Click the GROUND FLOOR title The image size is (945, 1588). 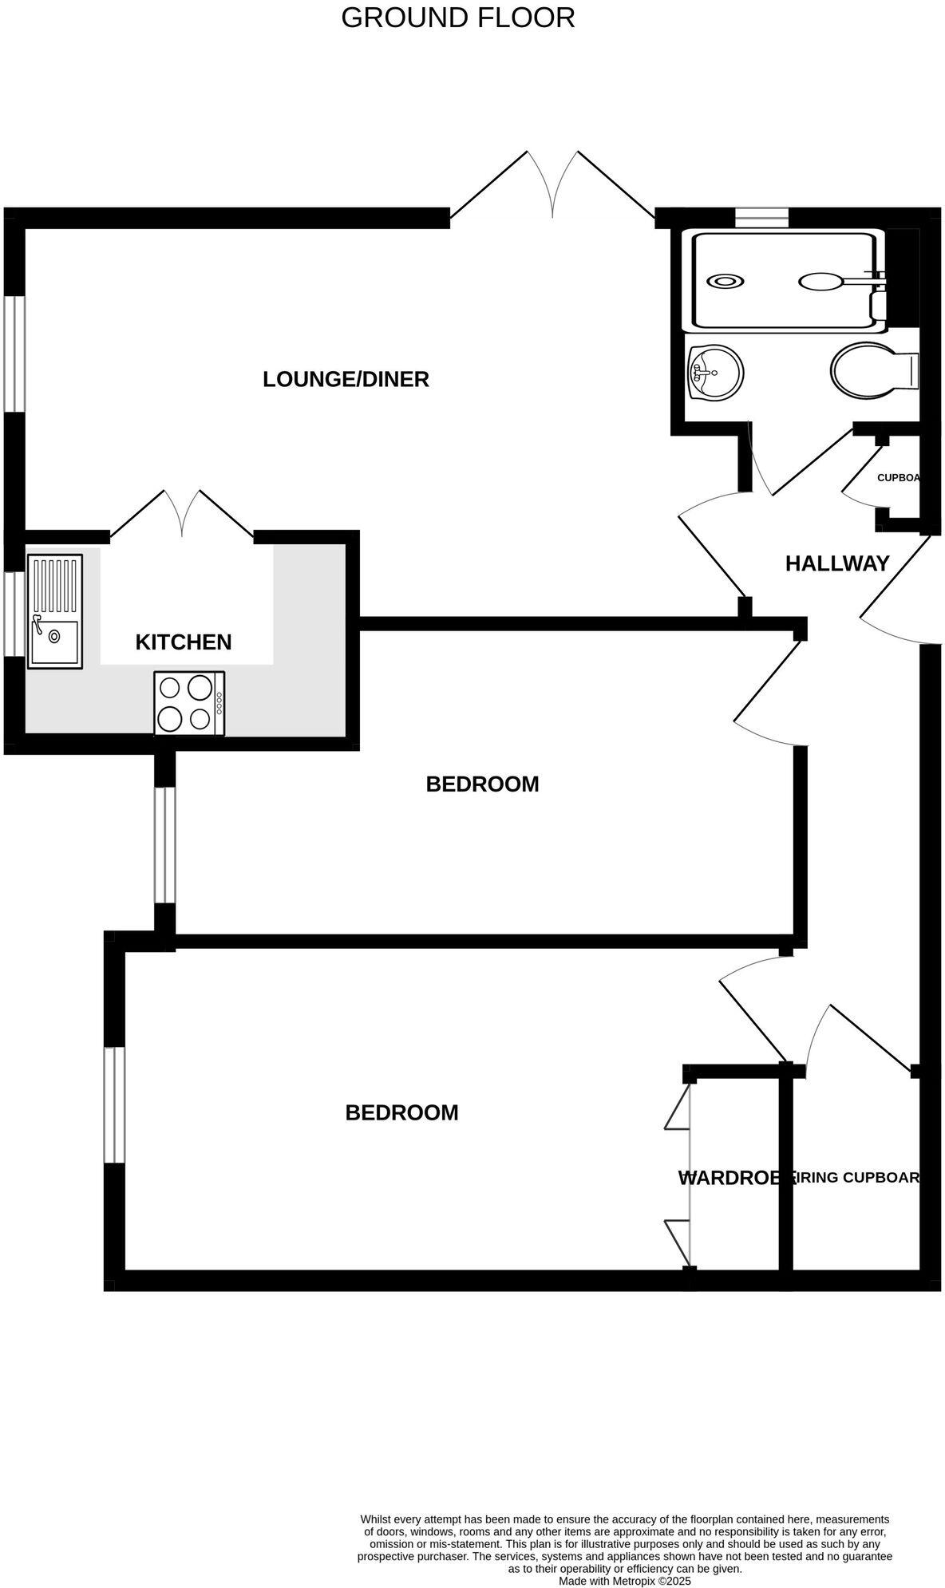click(457, 18)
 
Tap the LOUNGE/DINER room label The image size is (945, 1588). click(346, 379)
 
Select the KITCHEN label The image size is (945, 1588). click(184, 642)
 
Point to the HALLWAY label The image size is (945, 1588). click(837, 563)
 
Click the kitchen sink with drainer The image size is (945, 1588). click(54, 610)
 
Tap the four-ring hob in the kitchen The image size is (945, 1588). click(189, 703)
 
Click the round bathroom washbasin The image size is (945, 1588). click(717, 372)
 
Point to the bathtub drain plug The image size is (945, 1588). click(726, 281)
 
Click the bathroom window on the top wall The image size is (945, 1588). click(761, 217)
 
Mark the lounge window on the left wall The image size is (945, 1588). click(16, 354)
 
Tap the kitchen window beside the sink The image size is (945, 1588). click(15, 613)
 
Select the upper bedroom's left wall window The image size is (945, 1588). click(164, 845)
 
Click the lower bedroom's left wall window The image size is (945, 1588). click(115, 1104)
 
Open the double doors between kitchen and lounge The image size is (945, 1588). click(183, 514)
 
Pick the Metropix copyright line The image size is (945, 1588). click(624, 1580)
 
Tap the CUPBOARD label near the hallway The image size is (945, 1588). click(898, 478)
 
